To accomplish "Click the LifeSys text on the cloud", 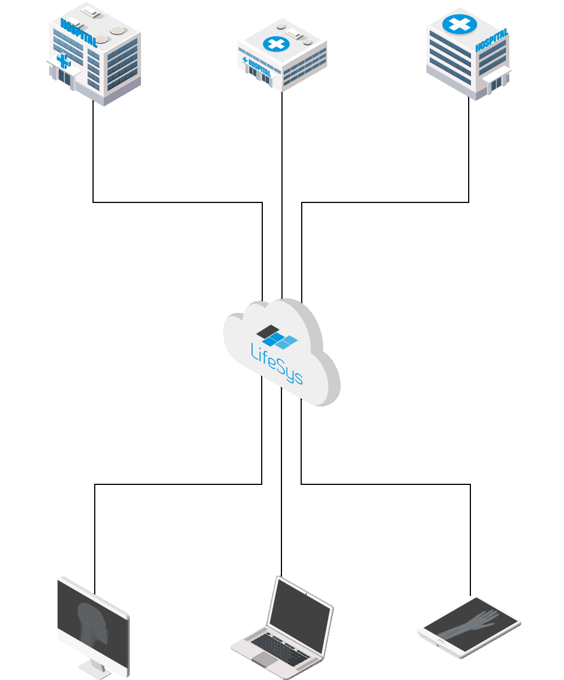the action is (276, 364).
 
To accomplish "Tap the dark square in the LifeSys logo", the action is (268, 331).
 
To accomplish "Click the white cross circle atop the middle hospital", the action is (276, 44).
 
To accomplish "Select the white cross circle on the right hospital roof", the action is (460, 24).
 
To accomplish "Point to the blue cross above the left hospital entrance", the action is (64, 60).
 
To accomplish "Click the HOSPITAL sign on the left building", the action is (79, 33).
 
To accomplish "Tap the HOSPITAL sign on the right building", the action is (492, 39).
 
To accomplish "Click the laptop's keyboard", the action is (280, 649).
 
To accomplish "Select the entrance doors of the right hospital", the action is (496, 84).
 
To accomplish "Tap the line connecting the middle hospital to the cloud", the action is (282, 196).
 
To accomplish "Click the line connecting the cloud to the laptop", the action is (281, 482).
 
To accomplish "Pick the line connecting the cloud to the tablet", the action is (385, 484).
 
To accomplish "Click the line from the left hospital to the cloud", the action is (178, 202).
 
